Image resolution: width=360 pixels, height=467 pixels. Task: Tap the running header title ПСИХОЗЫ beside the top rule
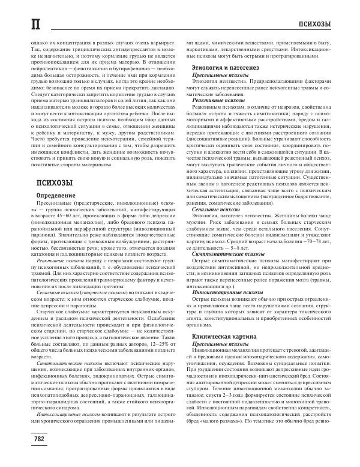pos(314,23)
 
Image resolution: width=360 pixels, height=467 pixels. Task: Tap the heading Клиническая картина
pos(223,339)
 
